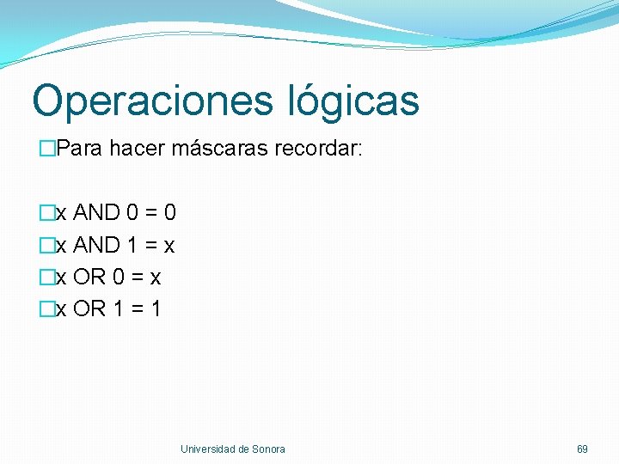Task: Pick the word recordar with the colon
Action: pos(319,149)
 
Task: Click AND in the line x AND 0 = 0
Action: pos(96,212)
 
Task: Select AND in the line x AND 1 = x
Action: pos(96,246)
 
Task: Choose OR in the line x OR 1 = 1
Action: pos(90,308)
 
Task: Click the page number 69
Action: pos(582,449)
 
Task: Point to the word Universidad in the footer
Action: pos(208,449)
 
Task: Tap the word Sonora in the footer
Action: pos(268,449)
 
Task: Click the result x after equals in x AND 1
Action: pos(169,247)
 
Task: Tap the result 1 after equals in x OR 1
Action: pos(156,308)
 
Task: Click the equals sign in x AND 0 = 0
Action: pos(149,213)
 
